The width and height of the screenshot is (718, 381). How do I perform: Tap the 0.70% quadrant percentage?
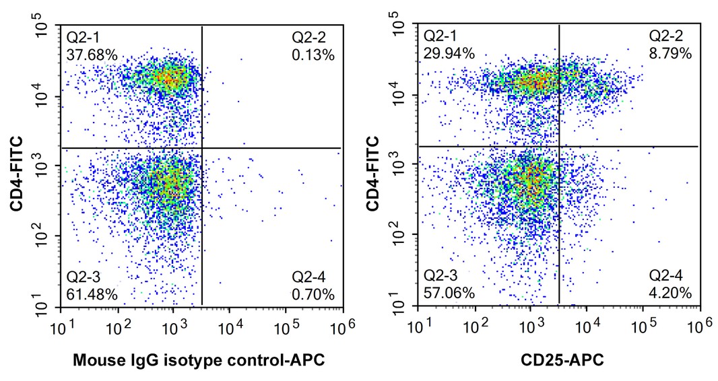pyautogui.click(x=313, y=293)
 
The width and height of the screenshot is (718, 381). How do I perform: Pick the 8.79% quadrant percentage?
pyautogui.click(x=670, y=53)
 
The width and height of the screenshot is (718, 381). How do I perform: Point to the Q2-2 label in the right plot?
pyautogui.click(x=665, y=36)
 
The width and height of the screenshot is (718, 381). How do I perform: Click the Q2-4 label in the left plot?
pyautogui.click(x=308, y=277)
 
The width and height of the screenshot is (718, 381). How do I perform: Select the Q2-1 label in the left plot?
pyautogui.click(x=84, y=36)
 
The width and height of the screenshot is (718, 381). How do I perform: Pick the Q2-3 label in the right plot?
pyautogui.click(x=440, y=276)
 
